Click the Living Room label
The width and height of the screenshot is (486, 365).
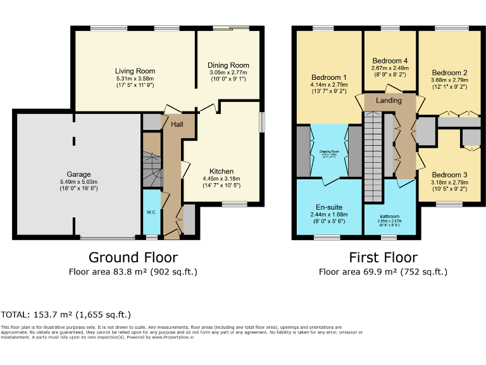[x=135, y=71]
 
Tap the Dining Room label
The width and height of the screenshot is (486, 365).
[x=228, y=65]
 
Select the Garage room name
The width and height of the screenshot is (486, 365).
[x=79, y=174]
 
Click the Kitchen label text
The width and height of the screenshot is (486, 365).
[x=221, y=171]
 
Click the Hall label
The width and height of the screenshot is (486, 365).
[x=177, y=125]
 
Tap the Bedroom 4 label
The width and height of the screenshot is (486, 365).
[x=389, y=61]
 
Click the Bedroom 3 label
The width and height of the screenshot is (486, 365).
[x=449, y=175]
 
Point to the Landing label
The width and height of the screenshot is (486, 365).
[x=389, y=101]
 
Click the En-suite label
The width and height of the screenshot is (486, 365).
[x=328, y=207]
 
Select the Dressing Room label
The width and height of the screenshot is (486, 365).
[x=328, y=151]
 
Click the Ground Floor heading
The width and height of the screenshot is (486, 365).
[x=133, y=257]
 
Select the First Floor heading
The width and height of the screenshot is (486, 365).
[x=383, y=257]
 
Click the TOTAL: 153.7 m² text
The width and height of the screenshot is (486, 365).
[x=66, y=314]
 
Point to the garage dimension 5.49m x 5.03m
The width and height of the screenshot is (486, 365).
[x=79, y=182]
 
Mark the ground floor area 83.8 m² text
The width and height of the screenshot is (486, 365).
[x=133, y=272]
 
